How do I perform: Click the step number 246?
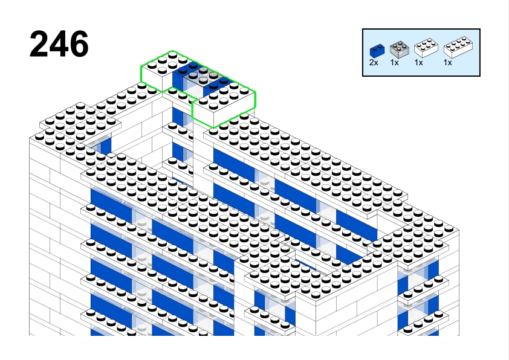coord(59,44)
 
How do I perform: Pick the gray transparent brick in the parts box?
coord(399,50)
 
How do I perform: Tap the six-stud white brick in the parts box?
coord(426,48)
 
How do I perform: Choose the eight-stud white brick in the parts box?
coord(458,47)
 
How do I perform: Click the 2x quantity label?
coord(374,62)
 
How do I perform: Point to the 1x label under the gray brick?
coord(394,62)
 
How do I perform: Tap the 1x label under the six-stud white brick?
coord(419,62)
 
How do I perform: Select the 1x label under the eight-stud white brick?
coord(448,62)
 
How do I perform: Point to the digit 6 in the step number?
coord(79,44)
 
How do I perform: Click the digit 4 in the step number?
coord(59,44)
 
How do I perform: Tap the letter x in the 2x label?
coord(376,63)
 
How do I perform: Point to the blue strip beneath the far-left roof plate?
coord(106,146)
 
